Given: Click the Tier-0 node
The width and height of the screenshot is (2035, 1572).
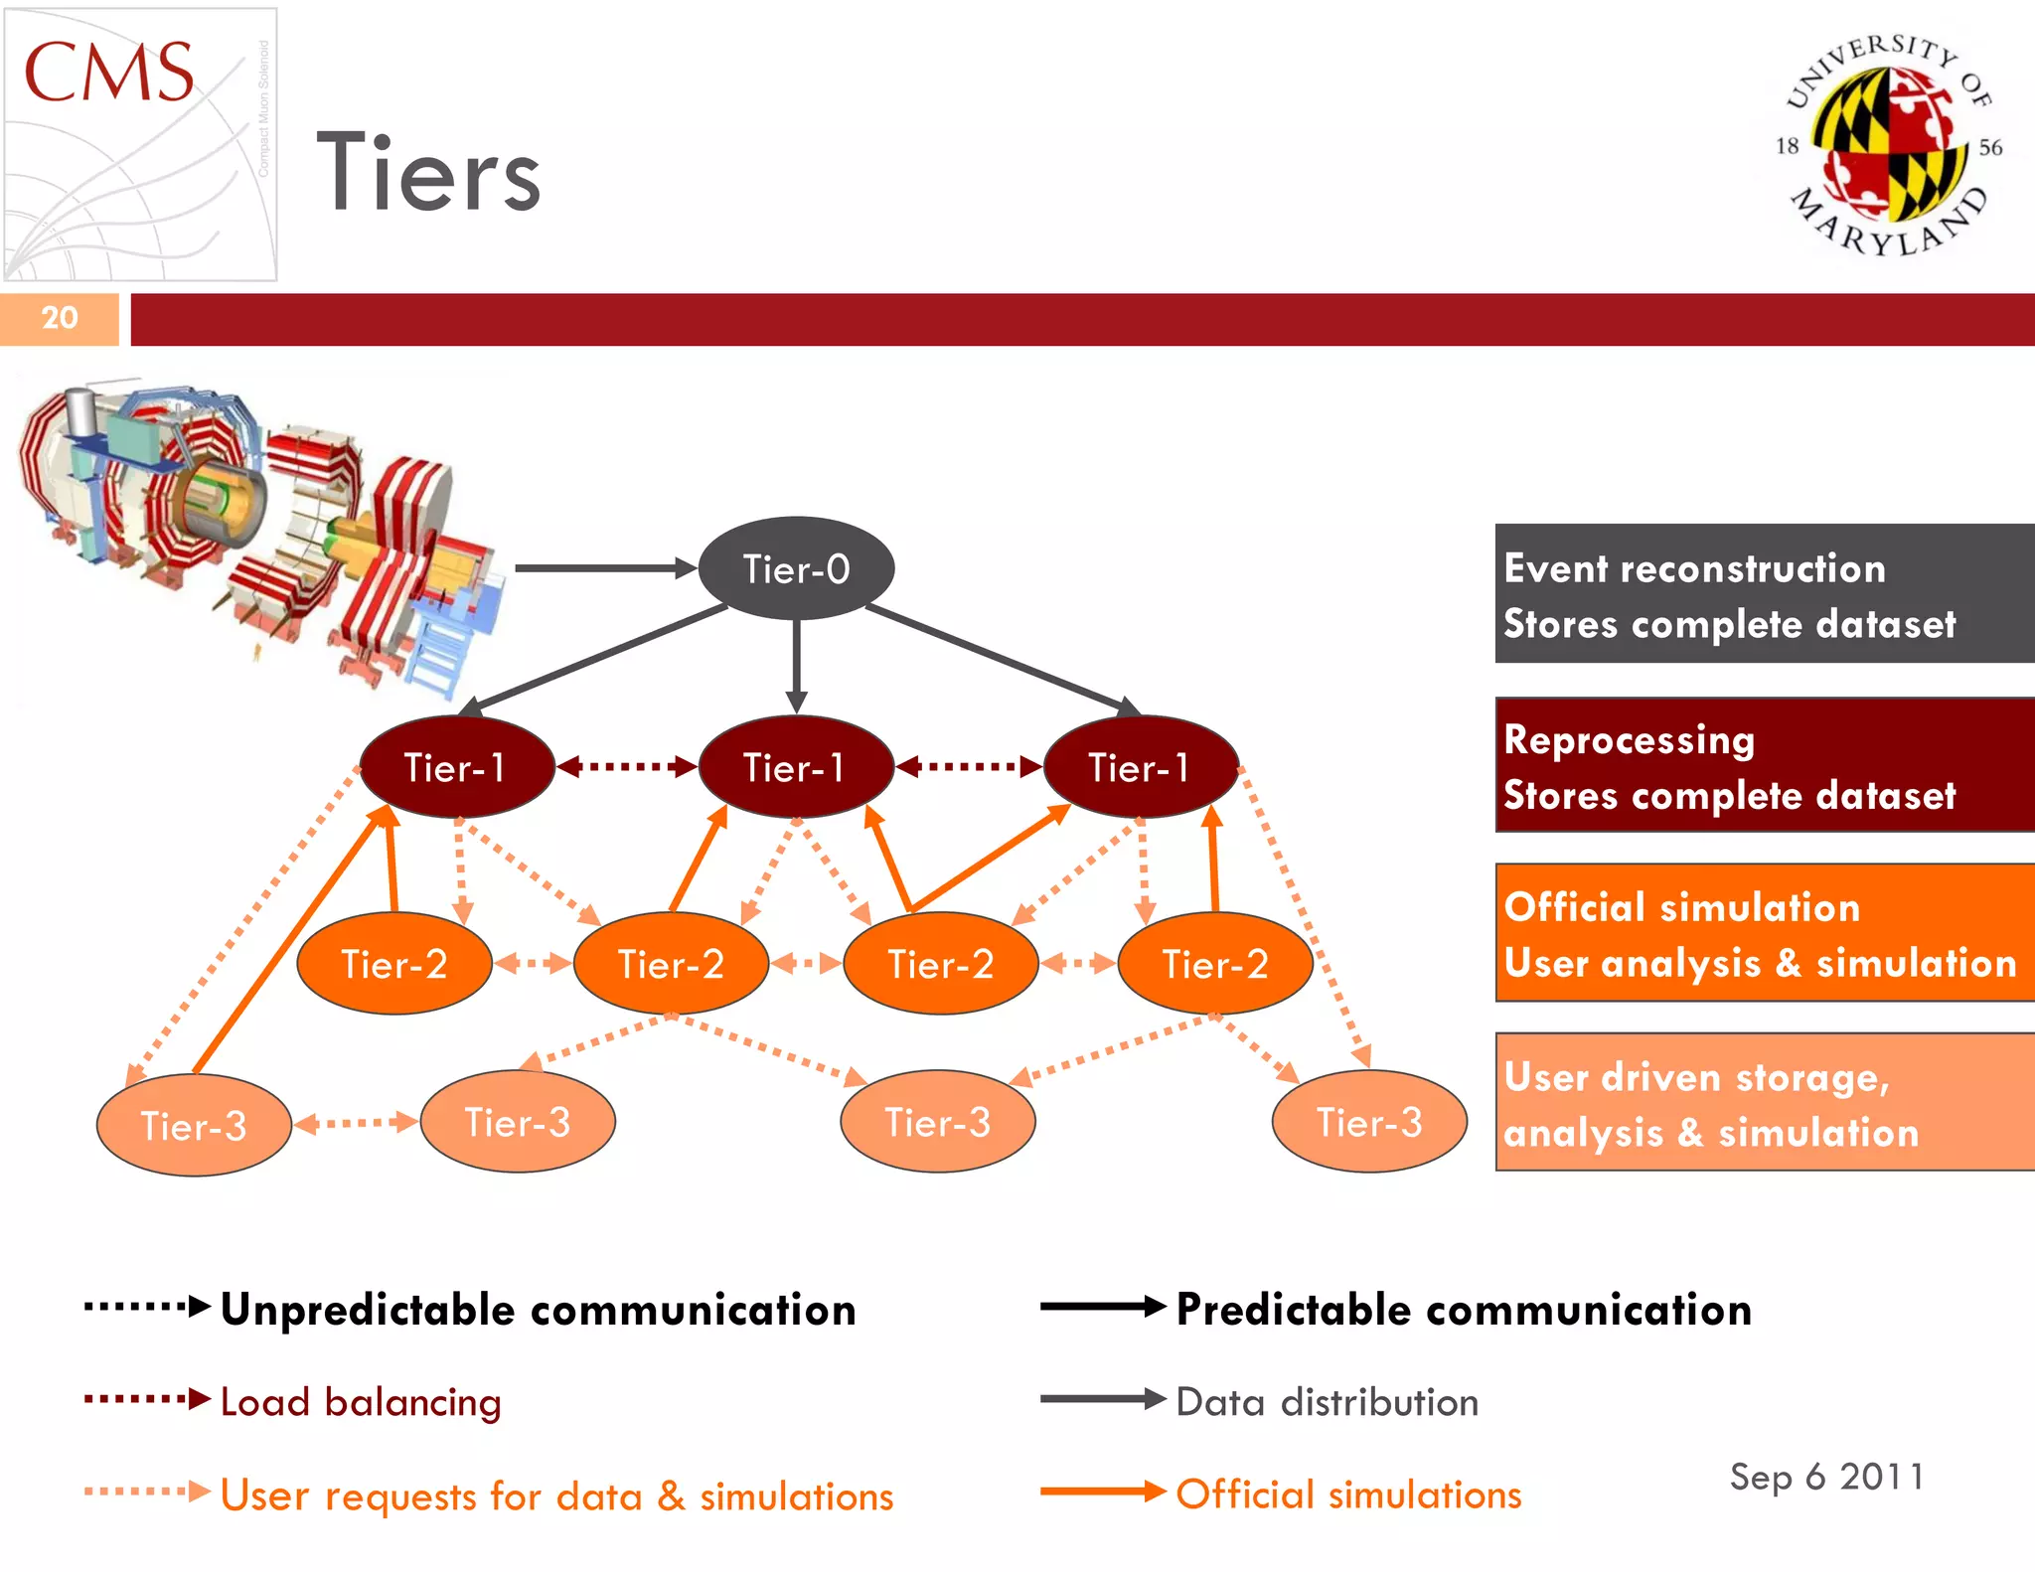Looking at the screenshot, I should [x=796, y=568].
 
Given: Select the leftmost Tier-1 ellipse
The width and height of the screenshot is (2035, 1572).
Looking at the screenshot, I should [x=456, y=767].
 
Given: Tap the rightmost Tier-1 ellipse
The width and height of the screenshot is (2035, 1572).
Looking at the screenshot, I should [x=1140, y=767].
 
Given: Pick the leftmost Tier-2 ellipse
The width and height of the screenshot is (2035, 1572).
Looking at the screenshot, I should [x=394, y=964].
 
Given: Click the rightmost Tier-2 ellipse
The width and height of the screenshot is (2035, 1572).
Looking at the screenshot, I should [x=1214, y=964].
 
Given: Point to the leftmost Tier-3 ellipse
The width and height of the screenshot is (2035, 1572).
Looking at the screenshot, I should [x=194, y=1125].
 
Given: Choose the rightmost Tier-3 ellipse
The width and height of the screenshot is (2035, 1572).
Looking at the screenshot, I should [x=1369, y=1122].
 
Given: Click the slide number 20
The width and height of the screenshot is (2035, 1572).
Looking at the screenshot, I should [x=60, y=318].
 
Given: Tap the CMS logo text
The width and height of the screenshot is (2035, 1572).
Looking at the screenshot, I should [x=108, y=73].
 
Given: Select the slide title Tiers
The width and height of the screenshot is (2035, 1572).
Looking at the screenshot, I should [x=429, y=174].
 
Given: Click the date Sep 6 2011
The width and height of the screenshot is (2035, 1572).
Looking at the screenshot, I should [x=1826, y=1477].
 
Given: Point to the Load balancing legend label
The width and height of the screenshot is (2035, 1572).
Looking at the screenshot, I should [x=361, y=1402].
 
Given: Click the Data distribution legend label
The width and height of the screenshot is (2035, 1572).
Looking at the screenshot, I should [x=1327, y=1402].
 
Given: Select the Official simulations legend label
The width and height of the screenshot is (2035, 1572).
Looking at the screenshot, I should [x=1348, y=1494].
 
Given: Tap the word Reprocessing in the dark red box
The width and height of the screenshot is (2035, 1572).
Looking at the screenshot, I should [x=1630, y=740].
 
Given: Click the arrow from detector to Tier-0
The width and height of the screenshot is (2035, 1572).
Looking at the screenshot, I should [x=604, y=568].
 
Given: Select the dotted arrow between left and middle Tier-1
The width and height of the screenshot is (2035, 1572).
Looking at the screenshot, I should [x=627, y=766].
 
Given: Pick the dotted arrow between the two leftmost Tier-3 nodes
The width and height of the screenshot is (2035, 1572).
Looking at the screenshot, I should [x=356, y=1123].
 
